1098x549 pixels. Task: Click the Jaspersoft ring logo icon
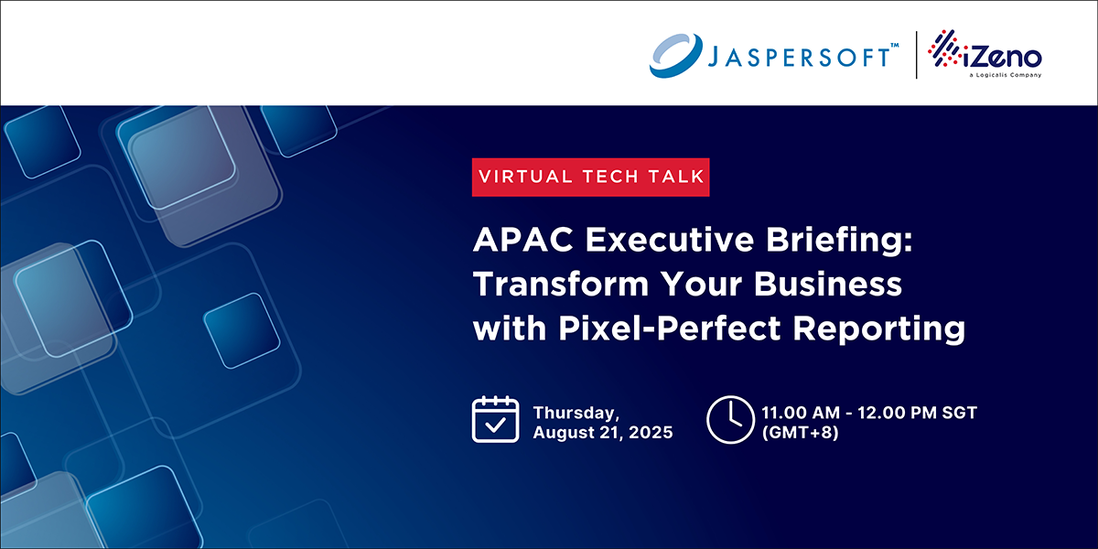(x=675, y=56)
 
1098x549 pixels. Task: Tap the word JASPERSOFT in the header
(x=799, y=58)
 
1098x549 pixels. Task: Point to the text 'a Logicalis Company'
(x=1006, y=75)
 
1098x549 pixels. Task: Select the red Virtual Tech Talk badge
(x=591, y=177)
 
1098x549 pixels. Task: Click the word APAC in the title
(x=523, y=240)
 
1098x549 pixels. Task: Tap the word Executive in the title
(x=670, y=240)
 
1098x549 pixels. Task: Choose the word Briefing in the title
(x=840, y=242)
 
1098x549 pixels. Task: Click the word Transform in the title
(x=561, y=285)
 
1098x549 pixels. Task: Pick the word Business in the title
(x=828, y=285)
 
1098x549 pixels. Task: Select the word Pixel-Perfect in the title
(x=669, y=328)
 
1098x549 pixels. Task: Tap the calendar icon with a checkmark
(x=496, y=419)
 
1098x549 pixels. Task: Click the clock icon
(x=730, y=420)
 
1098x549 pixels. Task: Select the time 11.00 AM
(x=801, y=413)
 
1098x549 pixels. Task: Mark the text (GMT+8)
(x=800, y=433)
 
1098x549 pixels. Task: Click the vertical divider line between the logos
(x=917, y=55)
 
